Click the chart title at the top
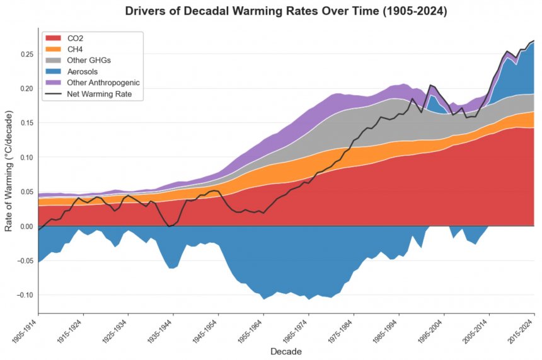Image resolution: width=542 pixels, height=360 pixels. pyautogui.click(x=286, y=11)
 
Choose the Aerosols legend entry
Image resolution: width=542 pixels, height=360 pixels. pyautogui.click(x=82, y=72)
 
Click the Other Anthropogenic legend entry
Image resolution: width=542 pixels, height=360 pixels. pyautogui.click(x=103, y=83)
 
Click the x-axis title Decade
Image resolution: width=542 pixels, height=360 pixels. pyautogui.click(x=286, y=351)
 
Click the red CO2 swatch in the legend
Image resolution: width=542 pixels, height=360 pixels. pyautogui.click(x=54, y=38)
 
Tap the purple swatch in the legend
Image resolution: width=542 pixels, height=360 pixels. pyautogui.click(x=54, y=83)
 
